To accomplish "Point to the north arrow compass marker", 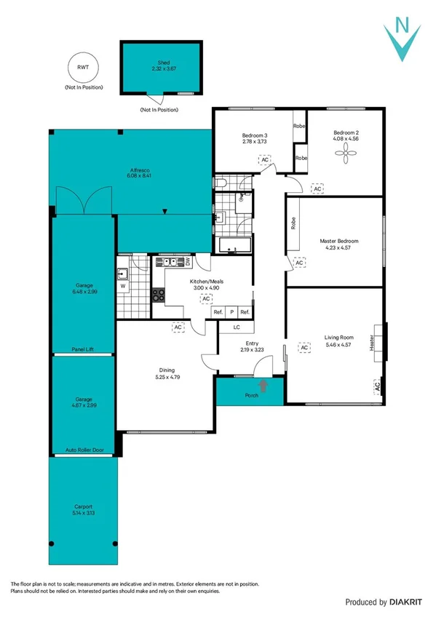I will point(403,41).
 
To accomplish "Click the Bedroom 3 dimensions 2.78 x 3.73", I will point(255,142).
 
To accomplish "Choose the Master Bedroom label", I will point(339,241).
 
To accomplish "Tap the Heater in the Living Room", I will point(373,343).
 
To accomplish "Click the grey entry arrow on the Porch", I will point(263,386).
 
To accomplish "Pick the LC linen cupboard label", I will point(237,327).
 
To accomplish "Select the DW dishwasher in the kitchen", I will point(187,261).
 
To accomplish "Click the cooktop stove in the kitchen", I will point(158,295).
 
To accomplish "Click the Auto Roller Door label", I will point(84,450).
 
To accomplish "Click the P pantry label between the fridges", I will point(231,311).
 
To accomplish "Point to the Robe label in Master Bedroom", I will point(293,223).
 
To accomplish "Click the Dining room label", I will point(167,370).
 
